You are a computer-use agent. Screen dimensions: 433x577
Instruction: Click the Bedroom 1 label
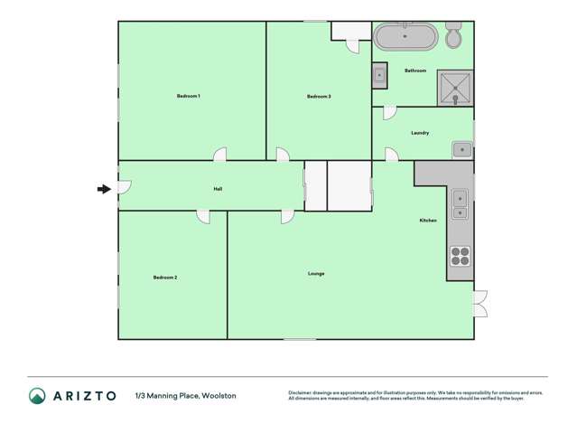coord(188,96)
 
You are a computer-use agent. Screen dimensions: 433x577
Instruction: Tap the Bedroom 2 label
coord(164,278)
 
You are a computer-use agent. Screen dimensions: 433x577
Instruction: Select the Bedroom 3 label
coord(319,96)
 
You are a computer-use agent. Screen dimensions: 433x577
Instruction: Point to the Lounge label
coord(316,273)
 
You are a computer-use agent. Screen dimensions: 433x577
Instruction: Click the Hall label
coord(218,189)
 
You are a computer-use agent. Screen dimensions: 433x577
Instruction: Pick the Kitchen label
coord(428,221)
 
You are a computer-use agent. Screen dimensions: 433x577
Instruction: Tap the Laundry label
coord(420,133)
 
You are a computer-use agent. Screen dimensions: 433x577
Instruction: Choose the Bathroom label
coord(415,71)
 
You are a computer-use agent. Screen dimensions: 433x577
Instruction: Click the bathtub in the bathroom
coord(405,37)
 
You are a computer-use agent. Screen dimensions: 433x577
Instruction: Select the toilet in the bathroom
coord(453,36)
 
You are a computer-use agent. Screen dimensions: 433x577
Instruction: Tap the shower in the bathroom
coord(455,88)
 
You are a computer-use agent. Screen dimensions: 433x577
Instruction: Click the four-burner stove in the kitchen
coord(460,256)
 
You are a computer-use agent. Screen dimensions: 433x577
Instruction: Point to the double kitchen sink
coord(460,204)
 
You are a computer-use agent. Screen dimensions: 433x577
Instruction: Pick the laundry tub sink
coord(461,148)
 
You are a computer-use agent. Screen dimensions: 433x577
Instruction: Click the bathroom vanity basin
coord(380,77)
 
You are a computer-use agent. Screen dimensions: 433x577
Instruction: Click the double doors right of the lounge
coord(480,303)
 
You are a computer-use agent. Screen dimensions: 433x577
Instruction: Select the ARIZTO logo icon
coord(37,395)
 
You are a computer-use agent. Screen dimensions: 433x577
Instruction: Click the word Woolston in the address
coord(219,396)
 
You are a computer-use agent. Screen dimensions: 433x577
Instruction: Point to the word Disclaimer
coord(300,392)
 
